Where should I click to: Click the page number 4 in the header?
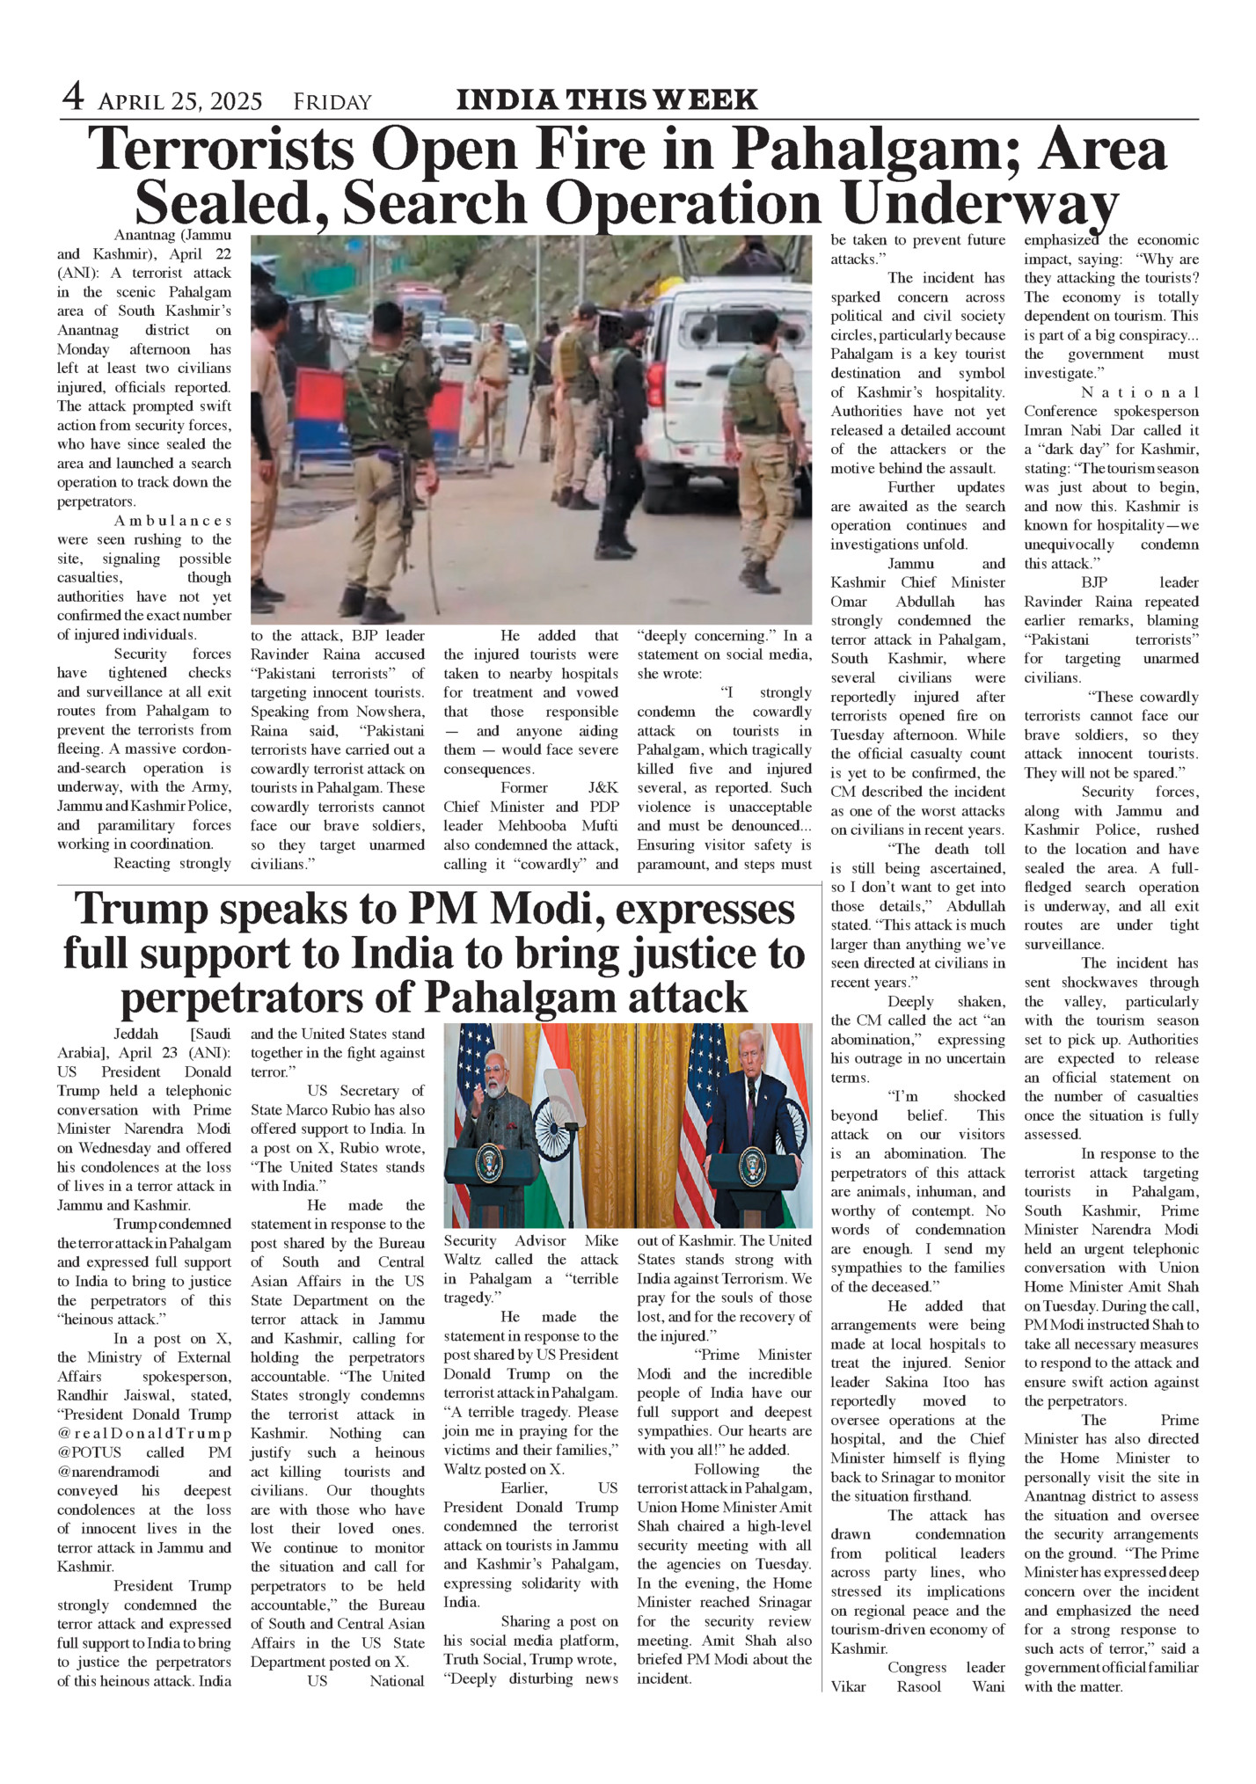coord(73,97)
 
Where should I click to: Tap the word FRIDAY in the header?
coord(332,103)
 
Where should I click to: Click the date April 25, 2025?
coord(180,103)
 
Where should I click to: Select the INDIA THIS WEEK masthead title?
coord(607,100)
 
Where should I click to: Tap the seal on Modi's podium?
coord(489,1164)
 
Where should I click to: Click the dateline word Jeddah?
coord(136,1034)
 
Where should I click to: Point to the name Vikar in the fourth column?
coord(849,1686)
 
